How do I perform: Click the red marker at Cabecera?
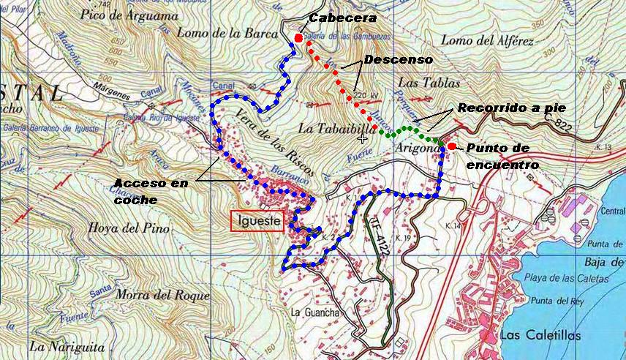tap(298, 38)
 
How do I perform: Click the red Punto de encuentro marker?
tap(452, 146)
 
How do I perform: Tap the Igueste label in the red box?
tap(257, 221)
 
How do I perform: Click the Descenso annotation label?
tap(398, 59)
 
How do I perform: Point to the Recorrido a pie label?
tap(511, 108)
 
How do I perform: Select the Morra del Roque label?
tap(161, 297)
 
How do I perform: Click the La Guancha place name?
tap(315, 312)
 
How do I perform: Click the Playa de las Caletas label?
tap(566, 280)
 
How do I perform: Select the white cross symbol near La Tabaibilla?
tap(363, 138)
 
